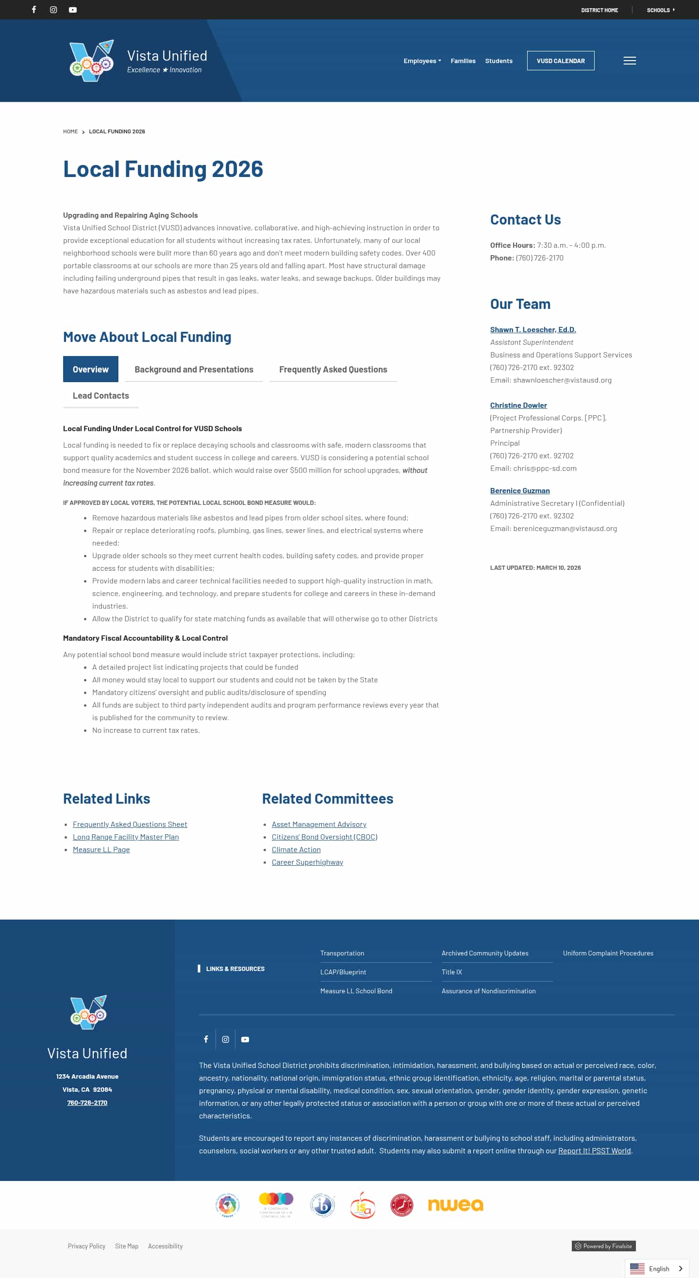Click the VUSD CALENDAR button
(561, 61)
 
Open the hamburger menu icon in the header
(630, 61)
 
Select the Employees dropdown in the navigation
(421, 61)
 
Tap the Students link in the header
(499, 61)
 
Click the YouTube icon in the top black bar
(73, 10)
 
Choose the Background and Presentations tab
(194, 370)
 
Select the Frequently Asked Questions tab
(333, 370)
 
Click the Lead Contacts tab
(101, 396)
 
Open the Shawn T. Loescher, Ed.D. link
(533, 330)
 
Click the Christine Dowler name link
(518, 405)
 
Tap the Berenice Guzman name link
(520, 491)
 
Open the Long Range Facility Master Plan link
(126, 837)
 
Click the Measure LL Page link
(101, 850)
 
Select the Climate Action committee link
(296, 850)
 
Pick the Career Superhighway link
(307, 862)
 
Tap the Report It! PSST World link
(594, 1151)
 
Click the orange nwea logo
(455, 1205)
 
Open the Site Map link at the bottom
(127, 1246)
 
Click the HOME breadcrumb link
(70, 132)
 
